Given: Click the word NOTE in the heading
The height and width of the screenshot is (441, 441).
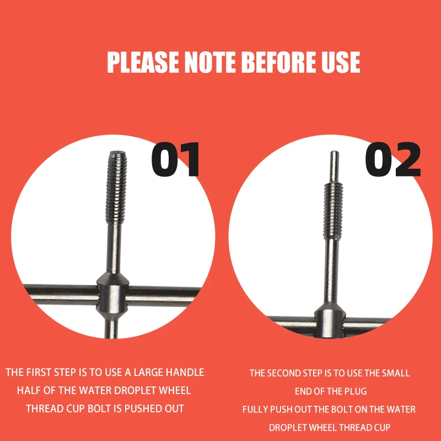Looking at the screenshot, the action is (210, 62).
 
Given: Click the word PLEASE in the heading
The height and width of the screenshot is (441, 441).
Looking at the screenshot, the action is (143, 62).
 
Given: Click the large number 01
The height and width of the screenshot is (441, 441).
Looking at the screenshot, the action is (175, 159).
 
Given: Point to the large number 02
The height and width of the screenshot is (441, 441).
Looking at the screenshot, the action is (392, 159).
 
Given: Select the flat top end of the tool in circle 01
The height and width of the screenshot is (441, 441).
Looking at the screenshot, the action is (117, 153).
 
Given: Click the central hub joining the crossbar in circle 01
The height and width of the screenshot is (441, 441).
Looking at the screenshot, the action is (112, 296).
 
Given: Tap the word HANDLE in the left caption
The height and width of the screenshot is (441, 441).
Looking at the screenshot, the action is (185, 372).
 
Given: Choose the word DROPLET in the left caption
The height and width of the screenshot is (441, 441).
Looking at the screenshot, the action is (135, 390).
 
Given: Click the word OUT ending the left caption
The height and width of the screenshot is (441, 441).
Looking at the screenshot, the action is (174, 408).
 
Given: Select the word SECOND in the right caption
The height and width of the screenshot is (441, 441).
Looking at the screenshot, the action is (284, 373).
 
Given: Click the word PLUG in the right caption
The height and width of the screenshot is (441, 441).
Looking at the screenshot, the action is (356, 391).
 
